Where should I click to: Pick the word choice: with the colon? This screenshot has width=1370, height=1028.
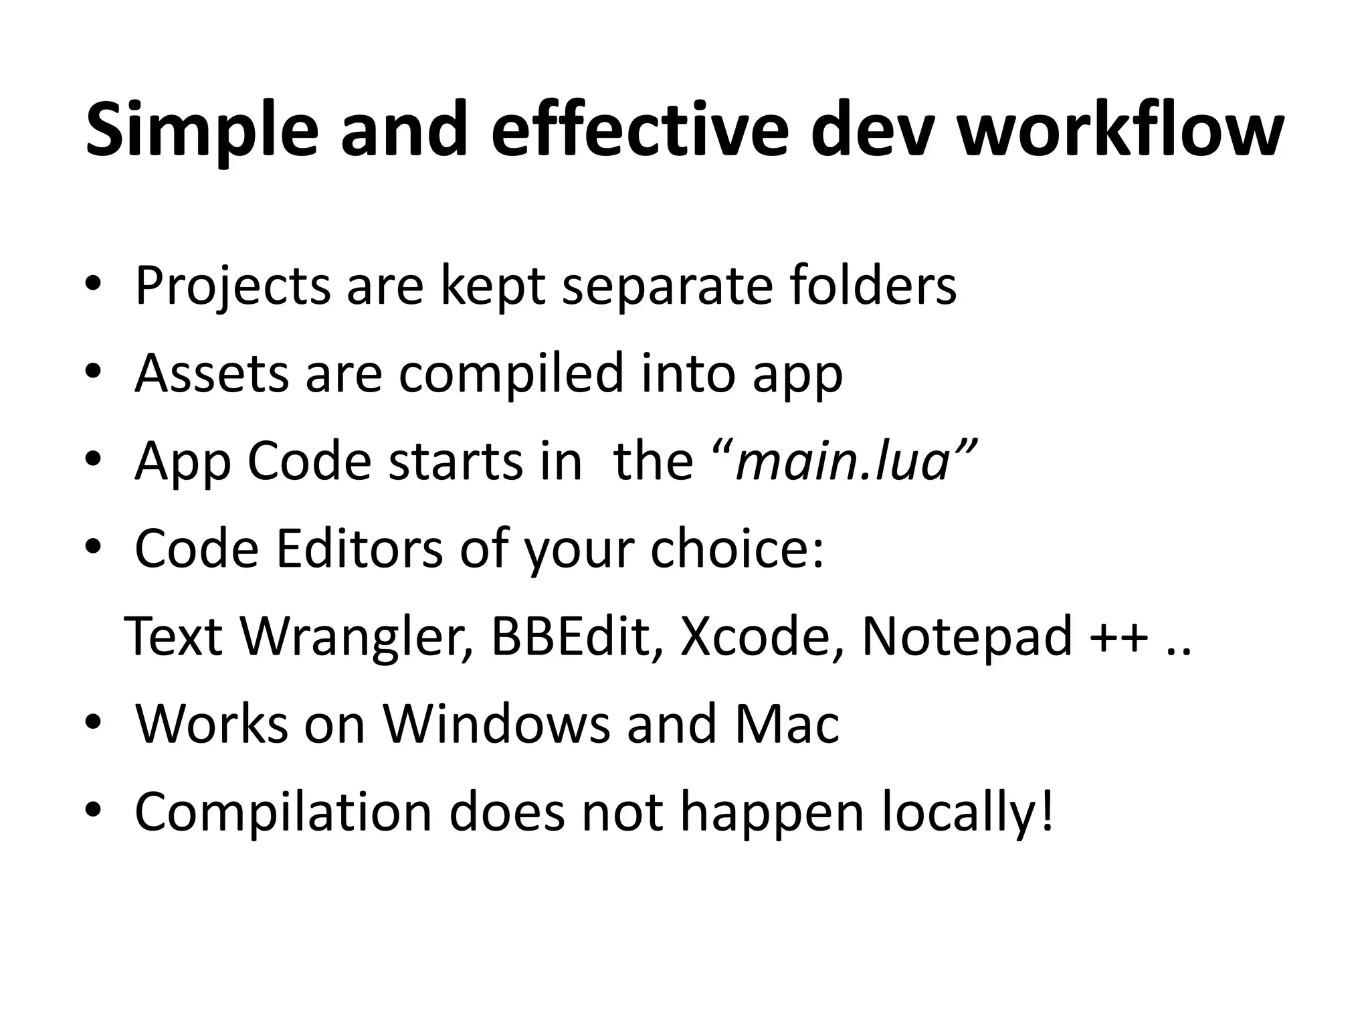point(737,549)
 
